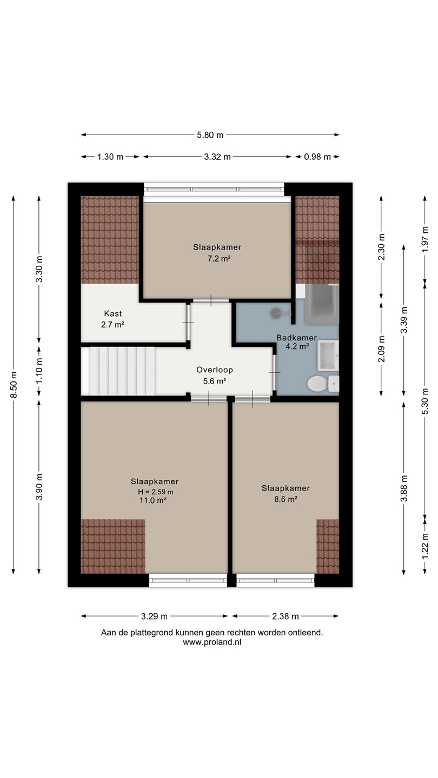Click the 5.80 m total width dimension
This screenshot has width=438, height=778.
(x=210, y=135)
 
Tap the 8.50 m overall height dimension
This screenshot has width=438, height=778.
(x=14, y=385)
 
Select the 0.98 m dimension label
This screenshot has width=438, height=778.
(x=317, y=157)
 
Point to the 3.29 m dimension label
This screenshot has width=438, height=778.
(x=154, y=616)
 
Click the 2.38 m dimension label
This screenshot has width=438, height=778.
(x=286, y=616)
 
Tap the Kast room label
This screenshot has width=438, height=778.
(x=113, y=313)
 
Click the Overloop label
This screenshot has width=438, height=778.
(x=215, y=370)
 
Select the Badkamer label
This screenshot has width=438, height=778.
(x=296, y=338)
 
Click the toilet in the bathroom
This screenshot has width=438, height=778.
(x=323, y=384)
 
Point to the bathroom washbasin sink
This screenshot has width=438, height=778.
(x=328, y=355)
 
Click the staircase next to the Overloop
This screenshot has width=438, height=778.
(x=118, y=371)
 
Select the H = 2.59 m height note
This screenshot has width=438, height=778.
(x=155, y=492)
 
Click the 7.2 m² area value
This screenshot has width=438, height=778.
(x=219, y=259)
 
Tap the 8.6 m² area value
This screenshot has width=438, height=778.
(x=286, y=499)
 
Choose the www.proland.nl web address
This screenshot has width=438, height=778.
(x=212, y=642)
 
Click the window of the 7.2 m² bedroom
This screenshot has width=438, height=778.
(x=215, y=190)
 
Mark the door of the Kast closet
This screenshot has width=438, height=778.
(x=188, y=323)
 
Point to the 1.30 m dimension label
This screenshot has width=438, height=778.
(x=110, y=157)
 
